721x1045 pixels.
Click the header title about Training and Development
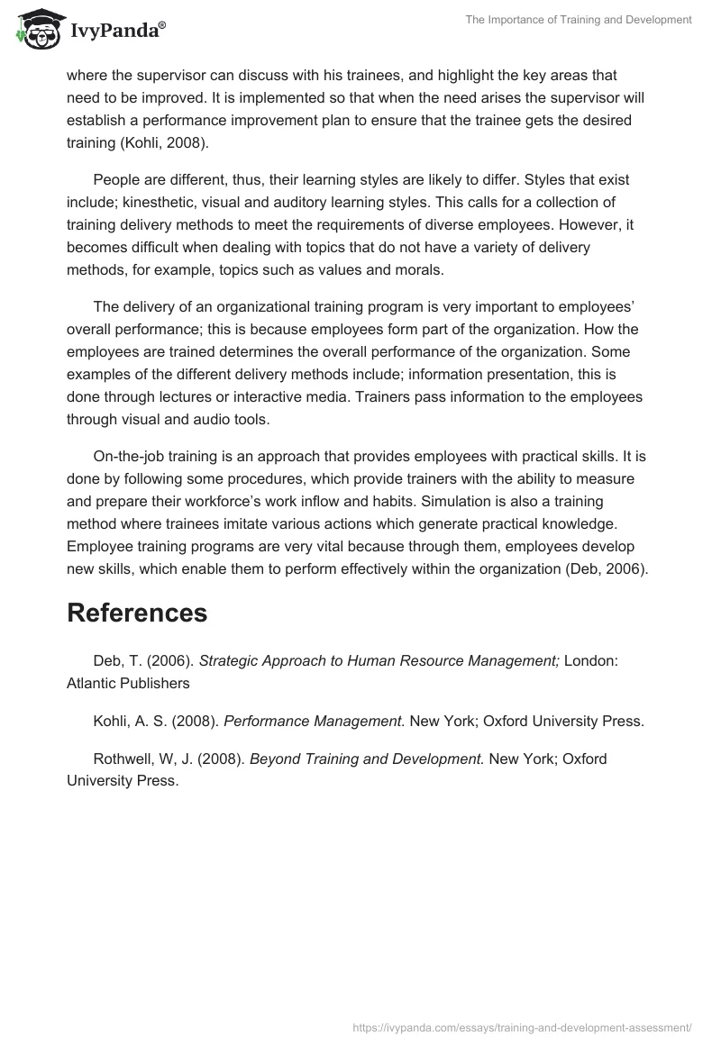579,20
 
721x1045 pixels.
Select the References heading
137,613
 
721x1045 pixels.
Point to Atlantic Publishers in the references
128,683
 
